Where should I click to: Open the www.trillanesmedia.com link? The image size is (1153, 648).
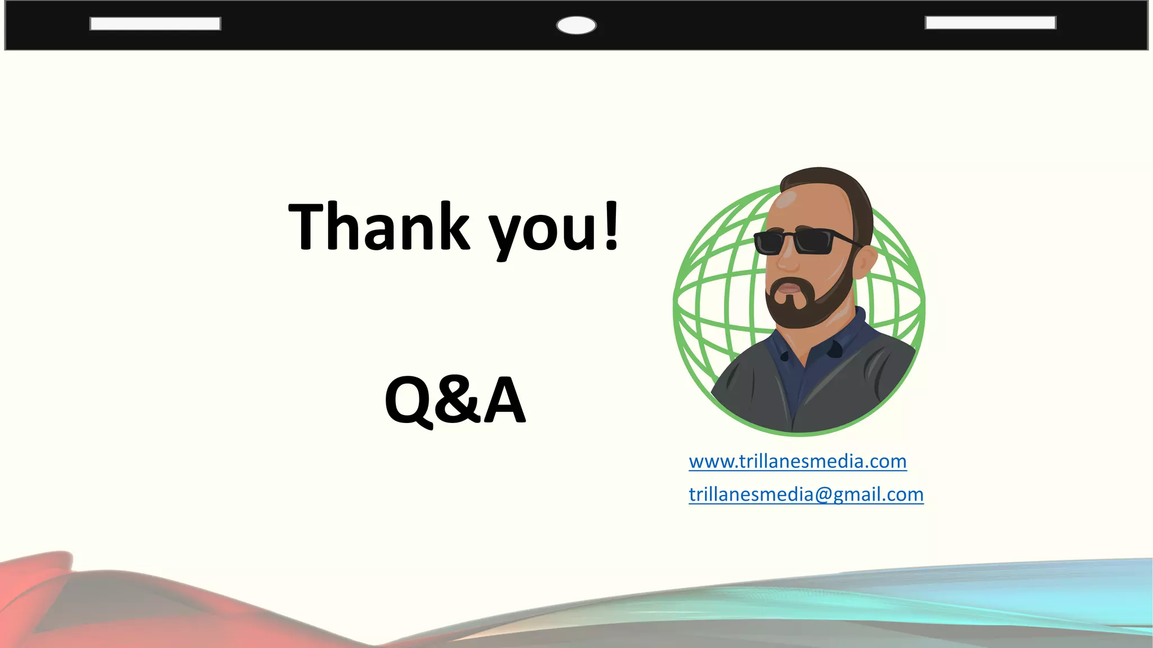(797, 462)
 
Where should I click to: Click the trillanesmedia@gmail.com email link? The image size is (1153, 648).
(806, 495)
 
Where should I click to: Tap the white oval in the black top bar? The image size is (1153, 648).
(576, 25)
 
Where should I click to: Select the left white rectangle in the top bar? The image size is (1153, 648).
(155, 24)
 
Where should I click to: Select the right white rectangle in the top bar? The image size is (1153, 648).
(990, 22)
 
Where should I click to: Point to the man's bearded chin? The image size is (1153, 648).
(794, 315)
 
